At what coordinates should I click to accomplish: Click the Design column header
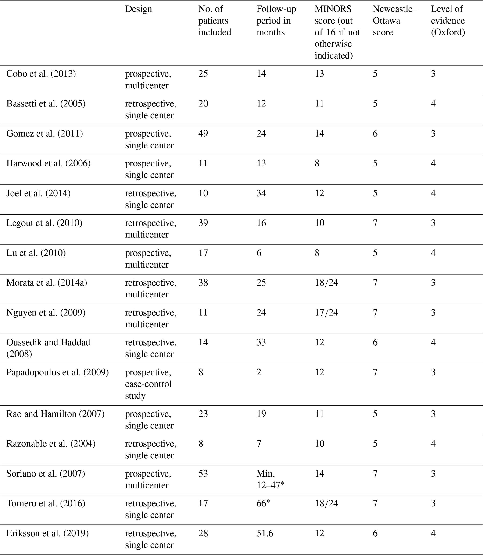click(x=138, y=9)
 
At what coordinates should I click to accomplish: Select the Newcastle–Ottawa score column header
click(x=395, y=21)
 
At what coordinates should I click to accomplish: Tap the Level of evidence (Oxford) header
click(x=448, y=21)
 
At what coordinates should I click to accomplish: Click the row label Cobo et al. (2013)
click(x=41, y=74)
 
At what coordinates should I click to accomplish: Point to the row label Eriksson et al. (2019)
click(x=47, y=534)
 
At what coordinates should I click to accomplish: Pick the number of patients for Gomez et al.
click(x=203, y=134)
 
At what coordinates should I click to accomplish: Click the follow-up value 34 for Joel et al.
click(x=261, y=193)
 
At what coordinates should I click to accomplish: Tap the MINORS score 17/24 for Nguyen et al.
click(x=326, y=313)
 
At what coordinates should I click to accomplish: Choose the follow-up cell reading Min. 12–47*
click(x=270, y=479)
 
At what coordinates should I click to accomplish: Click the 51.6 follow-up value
click(x=265, y=534)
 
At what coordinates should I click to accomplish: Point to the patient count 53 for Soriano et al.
click(x=203, y=474)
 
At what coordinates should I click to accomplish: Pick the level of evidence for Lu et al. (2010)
click(x=433, y=253)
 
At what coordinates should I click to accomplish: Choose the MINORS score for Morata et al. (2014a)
click(x=326, y=283)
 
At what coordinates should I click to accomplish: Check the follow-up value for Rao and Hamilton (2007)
click(x=261, y=414)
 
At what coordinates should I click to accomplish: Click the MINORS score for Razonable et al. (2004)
click(x=319, y=444)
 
